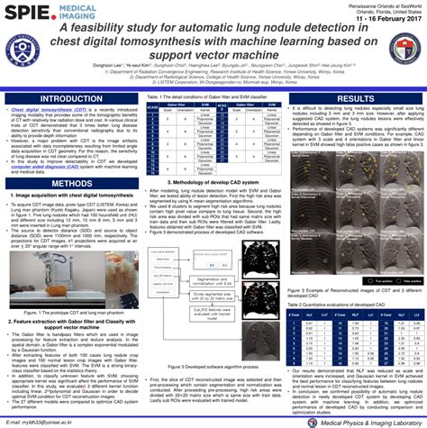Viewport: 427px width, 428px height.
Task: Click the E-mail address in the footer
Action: coord(45,421)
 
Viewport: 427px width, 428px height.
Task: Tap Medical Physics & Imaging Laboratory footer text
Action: coord(368,421)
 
